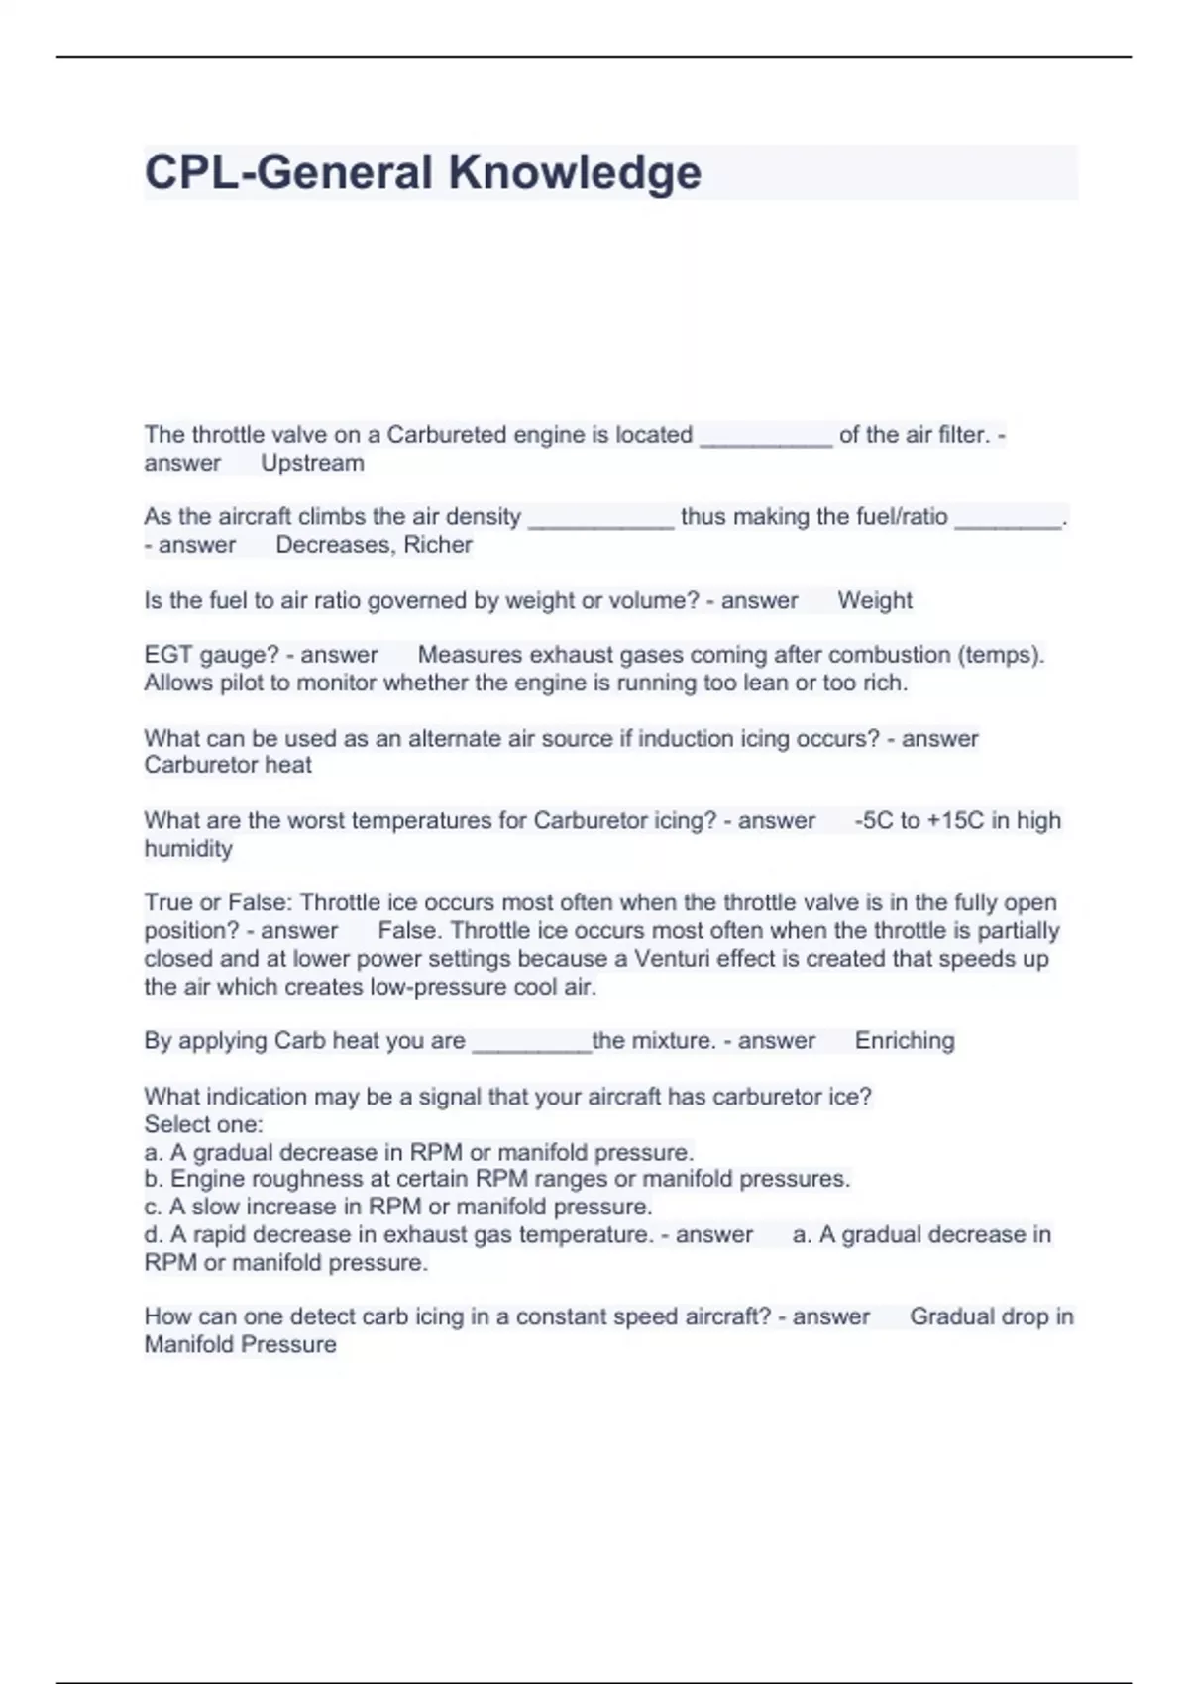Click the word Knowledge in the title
click(x=575, y=172)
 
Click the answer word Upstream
click(x=312, y=463)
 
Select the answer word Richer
click(x=437, y=545)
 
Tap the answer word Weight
click(x=874, y=600)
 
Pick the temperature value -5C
click(x=873, y=820)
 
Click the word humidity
click(x=188, y=849)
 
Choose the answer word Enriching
click(x=905, y=1041)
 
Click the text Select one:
click(x=203, y=1124)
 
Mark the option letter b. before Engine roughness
click(x=154, y=1179)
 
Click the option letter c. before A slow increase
click(x=153, y=1207)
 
